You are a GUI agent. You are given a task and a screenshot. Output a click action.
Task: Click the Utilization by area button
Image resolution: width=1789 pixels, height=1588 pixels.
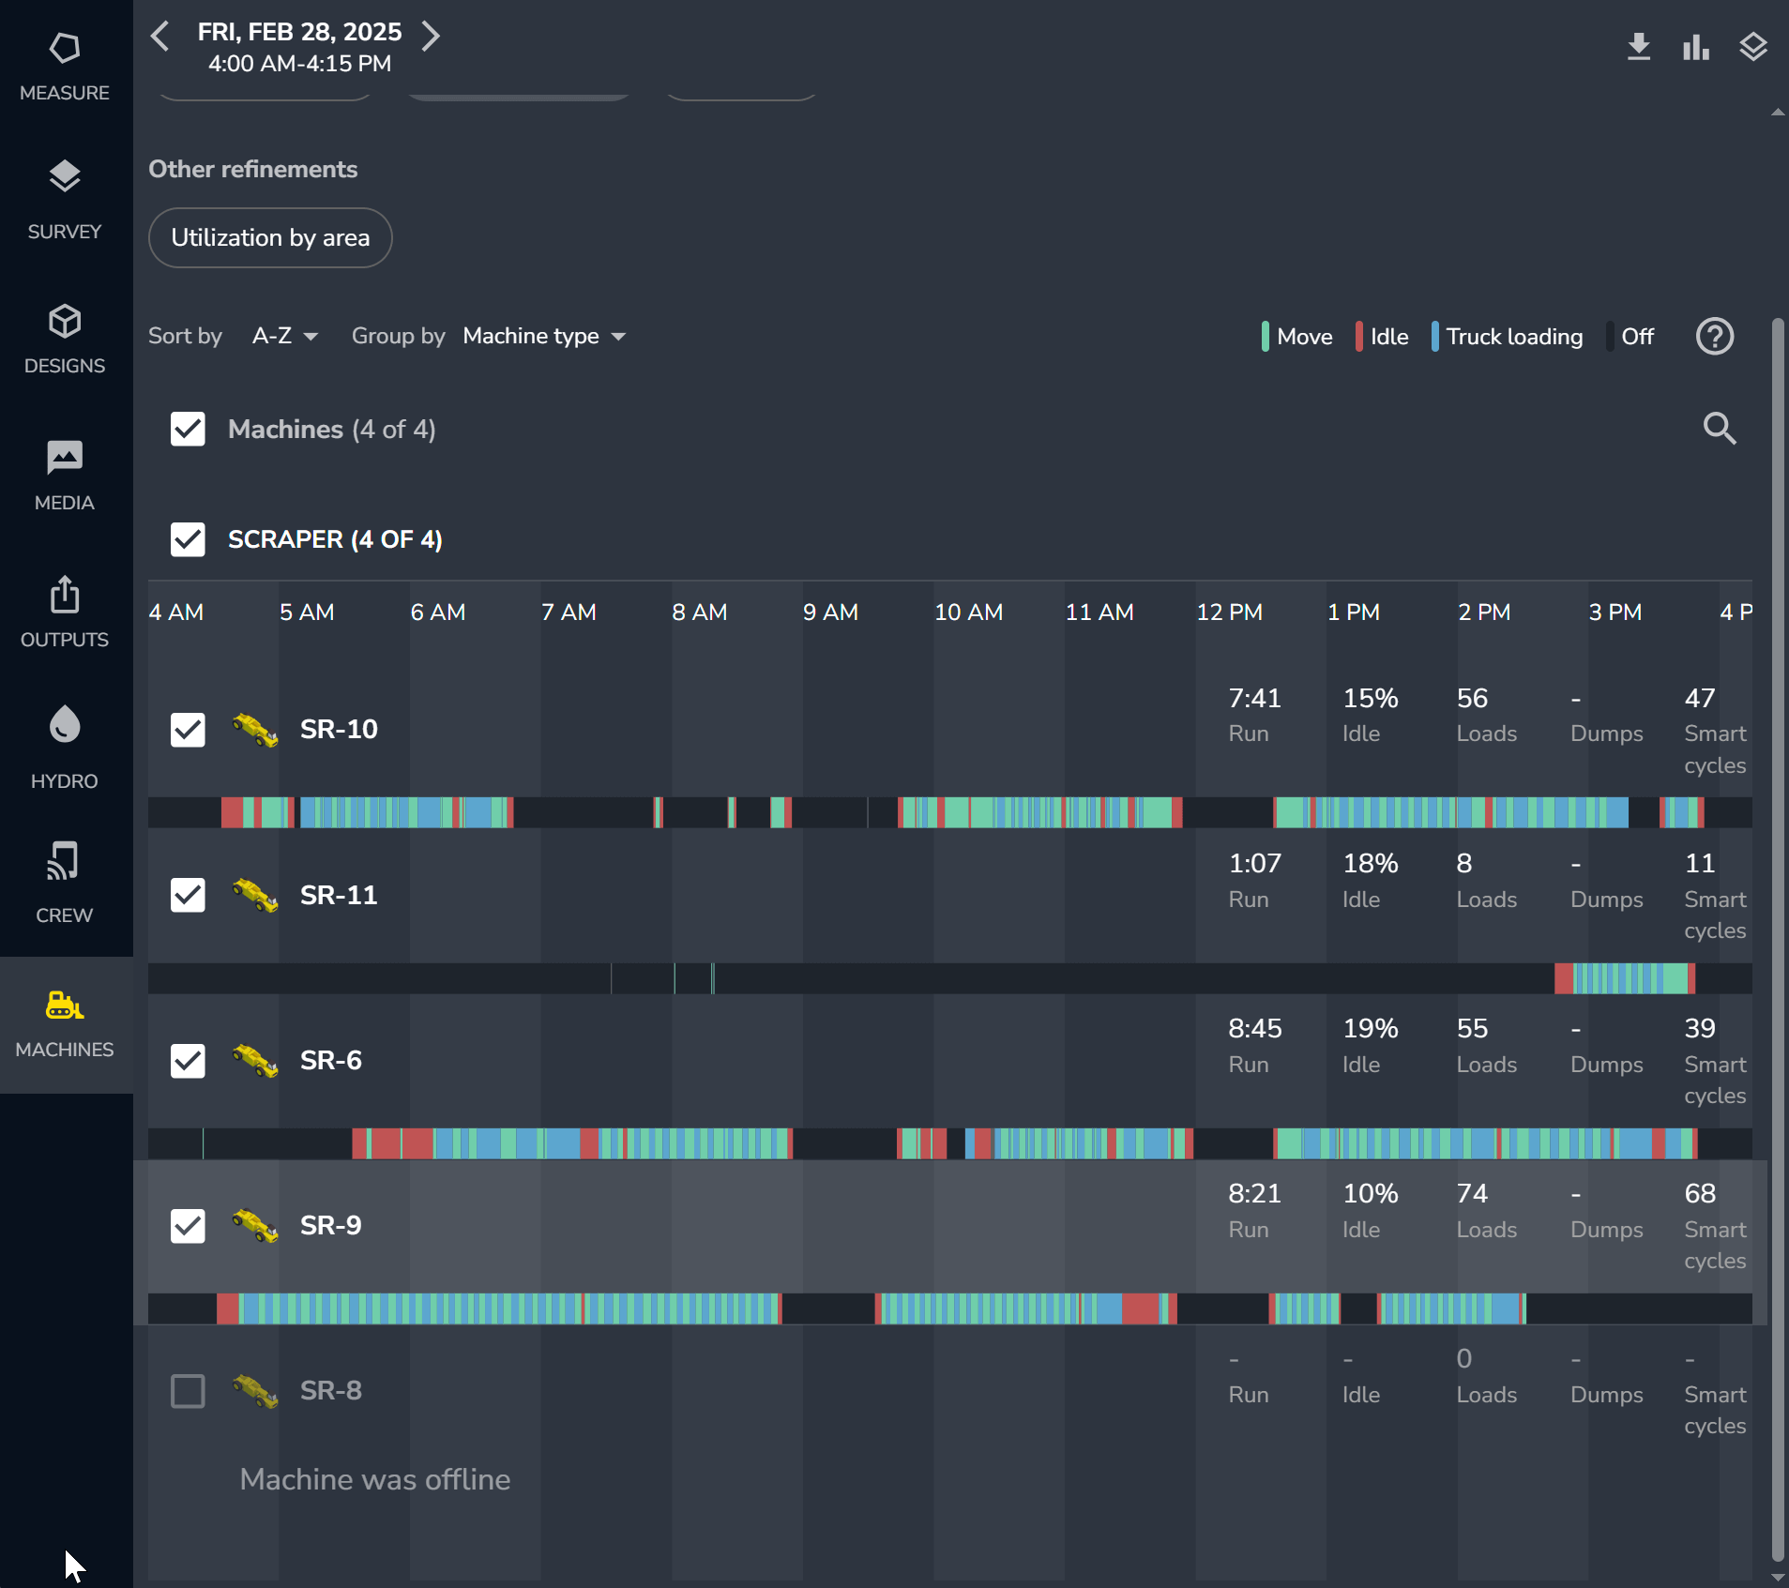(x=270, y=238)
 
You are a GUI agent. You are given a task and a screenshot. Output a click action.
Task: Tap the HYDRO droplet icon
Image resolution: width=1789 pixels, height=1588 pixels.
(x=65, y=725)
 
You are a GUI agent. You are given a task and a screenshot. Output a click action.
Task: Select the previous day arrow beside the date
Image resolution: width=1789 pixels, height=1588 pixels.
(x=160, y=37)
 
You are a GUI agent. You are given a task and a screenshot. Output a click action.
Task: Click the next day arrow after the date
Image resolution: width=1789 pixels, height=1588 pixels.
(x=431, y=37)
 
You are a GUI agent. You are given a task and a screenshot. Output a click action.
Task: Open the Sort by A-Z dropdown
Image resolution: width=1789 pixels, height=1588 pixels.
(x=285, y=336)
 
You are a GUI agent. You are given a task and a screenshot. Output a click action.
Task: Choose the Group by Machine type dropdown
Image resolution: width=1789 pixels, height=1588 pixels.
(x=544, y=336)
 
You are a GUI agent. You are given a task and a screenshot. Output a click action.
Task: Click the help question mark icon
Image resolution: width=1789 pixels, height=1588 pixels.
(x=1714, y=337)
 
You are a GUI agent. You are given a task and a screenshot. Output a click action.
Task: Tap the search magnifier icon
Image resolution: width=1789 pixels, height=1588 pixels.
(x=1719, y=429)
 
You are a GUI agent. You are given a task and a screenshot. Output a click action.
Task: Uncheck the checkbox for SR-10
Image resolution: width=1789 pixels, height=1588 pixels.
(x=188, y=729)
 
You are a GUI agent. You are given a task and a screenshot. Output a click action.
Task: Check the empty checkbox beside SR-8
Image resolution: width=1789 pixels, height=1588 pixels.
(x=188, y=1391)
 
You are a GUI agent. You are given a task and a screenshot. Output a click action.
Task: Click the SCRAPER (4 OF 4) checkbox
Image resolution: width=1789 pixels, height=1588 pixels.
(x=188, y=539)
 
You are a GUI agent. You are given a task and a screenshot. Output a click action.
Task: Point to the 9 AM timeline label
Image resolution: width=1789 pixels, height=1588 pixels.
(x=830, y=613)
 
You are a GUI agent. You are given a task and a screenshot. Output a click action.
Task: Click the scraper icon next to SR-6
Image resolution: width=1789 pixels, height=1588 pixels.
(x=255, y=1061)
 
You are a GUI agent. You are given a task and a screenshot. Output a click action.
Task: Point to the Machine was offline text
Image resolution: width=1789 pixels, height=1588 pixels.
(x=375, y=1479)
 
